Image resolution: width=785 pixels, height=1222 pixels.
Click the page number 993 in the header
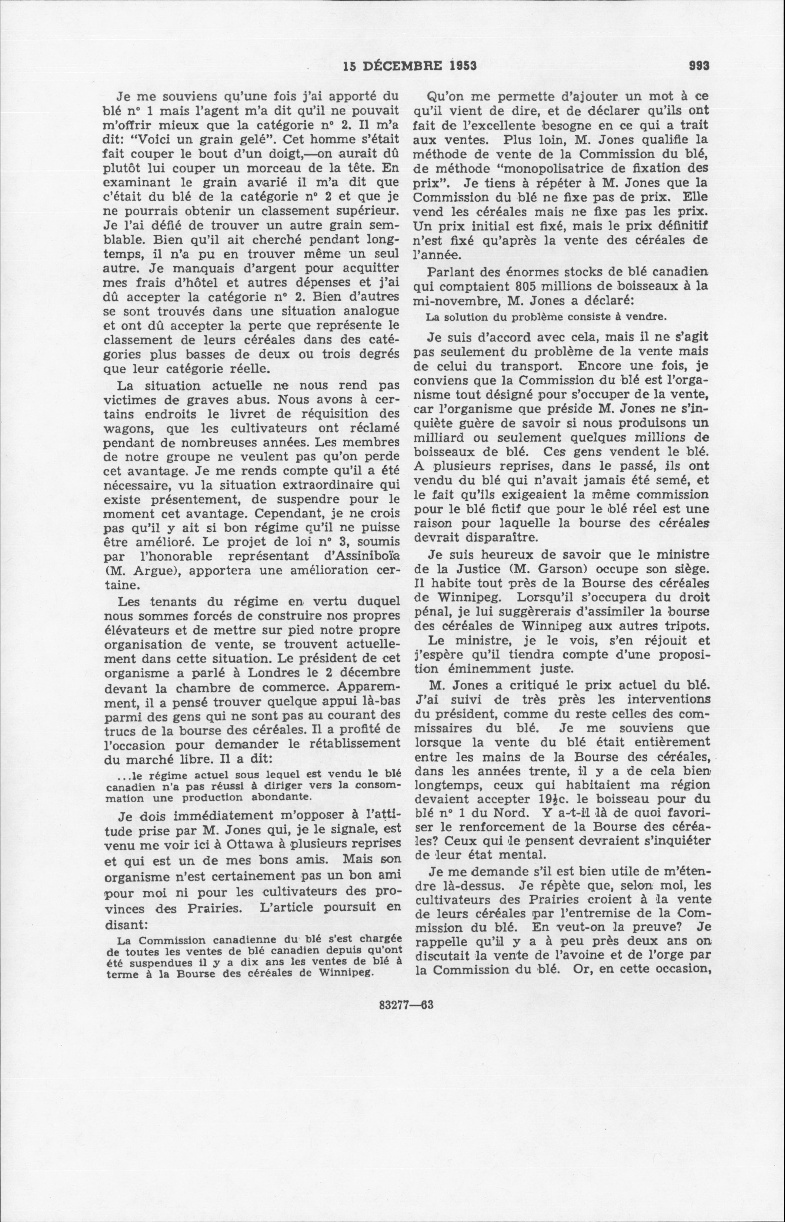click(x=699, y=66)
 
